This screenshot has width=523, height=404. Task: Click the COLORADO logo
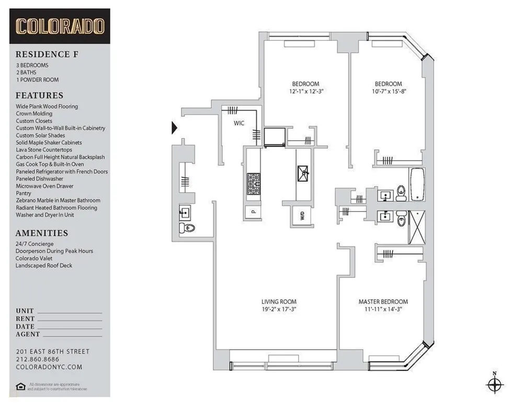pos(60,26)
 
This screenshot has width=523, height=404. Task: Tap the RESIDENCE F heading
pos(43,54)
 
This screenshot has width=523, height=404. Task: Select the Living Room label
pos(279,301)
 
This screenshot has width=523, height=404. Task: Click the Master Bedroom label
pos(383,301)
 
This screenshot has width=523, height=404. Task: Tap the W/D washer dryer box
pos(302,216)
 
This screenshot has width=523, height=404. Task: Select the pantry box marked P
pos(253,212)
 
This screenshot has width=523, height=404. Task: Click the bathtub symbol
pos(417,184)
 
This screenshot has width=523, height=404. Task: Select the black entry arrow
pos(175,127)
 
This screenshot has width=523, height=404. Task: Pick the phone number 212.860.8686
pos(37,360)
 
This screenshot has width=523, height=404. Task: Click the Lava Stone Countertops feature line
pos(44,150)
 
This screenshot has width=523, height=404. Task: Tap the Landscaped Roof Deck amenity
pos(44,265)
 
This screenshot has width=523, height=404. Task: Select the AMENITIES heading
pos(42,233)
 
